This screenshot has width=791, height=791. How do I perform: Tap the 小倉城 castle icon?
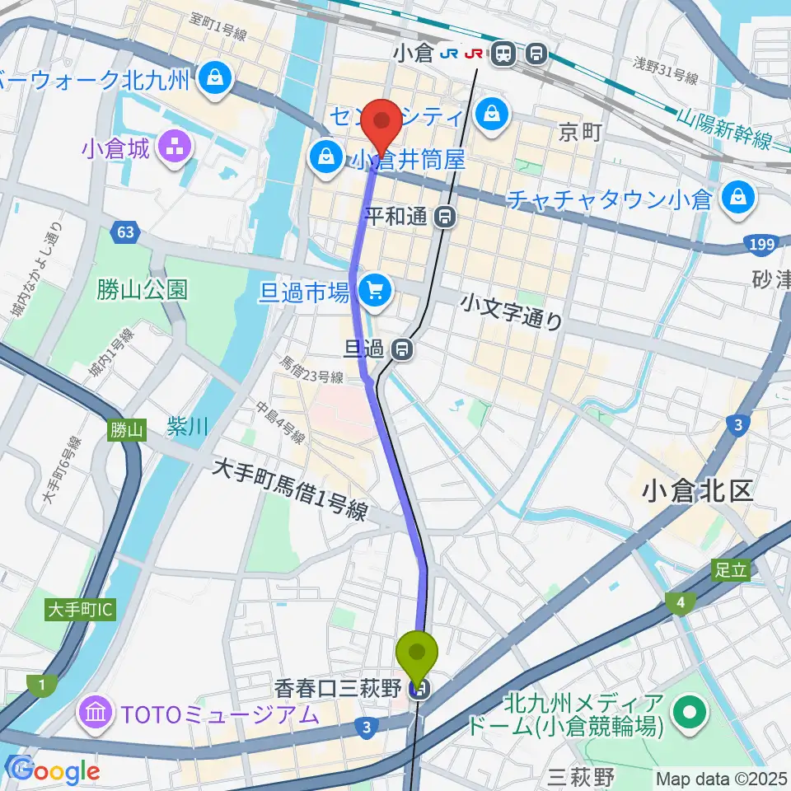175,149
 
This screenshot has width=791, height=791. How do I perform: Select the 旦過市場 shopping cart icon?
377,290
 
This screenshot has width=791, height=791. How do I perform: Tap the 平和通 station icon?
446,217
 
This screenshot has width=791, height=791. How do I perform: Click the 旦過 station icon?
403,349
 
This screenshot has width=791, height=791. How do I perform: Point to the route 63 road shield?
124,233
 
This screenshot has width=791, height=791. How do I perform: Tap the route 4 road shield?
681,604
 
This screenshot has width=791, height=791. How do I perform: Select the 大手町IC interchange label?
81,610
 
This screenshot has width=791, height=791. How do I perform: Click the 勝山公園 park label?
142,289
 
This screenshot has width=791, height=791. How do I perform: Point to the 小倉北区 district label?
697,492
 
